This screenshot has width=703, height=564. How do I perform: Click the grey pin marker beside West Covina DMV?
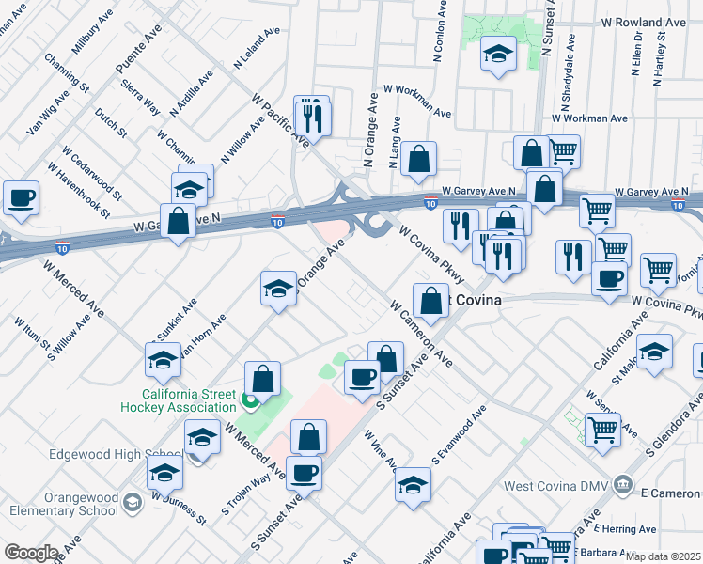coord(621,485)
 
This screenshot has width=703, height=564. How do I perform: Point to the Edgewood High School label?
coord(96,454)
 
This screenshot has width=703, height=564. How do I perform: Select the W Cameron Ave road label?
coord(422,335)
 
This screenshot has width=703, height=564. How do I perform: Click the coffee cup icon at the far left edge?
coord(21,198)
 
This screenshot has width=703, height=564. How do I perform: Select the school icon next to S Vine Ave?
coord(413,485)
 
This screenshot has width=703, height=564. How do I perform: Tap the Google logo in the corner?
coord(31,552)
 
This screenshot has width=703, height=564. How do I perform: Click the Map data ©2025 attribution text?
coord(664,556)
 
